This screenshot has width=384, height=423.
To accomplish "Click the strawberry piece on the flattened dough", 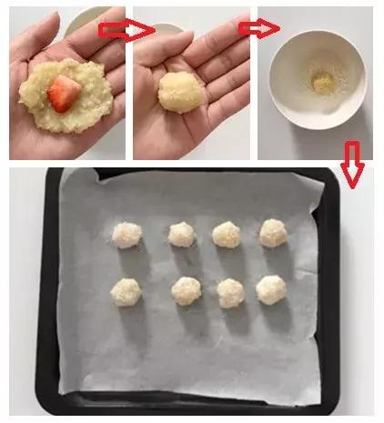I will pos(63,90).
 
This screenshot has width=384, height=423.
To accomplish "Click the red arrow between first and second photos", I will pos(126,30).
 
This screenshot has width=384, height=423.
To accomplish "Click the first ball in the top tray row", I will pos(126,235).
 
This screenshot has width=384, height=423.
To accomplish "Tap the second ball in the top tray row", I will pos(181,235).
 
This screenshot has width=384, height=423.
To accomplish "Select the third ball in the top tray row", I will pos(227,235).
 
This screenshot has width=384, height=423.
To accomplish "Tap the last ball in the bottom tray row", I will pos(271,289).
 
